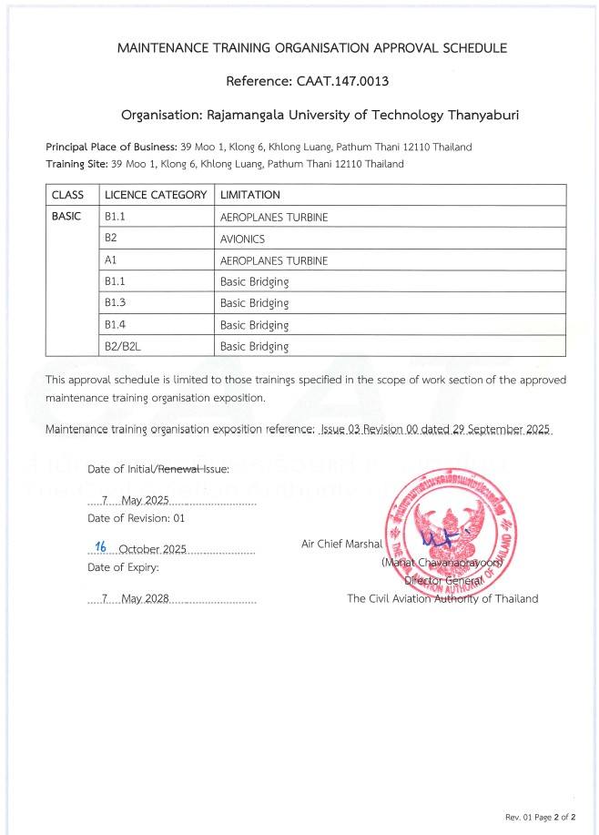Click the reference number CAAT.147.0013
click(x=342, y=81)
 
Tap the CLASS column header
click(x=67, y=195)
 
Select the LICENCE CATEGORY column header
click(x=156, y=195)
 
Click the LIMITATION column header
click(x=250, y=195)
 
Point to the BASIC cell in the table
click(x=66, y=217)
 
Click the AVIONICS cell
click(x=242, y=239)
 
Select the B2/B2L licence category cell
click(x=122, y=346)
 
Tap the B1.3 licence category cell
click(x=115, y=303)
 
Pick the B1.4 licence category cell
click(x=115, y=325)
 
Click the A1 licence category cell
click(x=111, y=260)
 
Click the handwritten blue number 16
click(x=101, y=546)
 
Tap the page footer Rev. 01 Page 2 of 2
click(x=540, y=816)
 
